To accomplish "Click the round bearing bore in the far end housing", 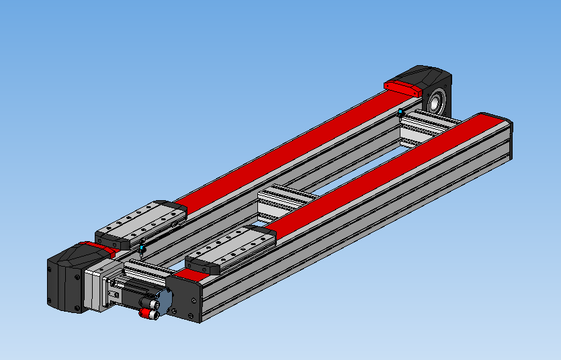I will pos(436,101).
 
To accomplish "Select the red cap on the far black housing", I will pos(402,87).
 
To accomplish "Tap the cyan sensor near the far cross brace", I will pos(401,111).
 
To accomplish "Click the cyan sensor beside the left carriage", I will pos(142,248).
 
